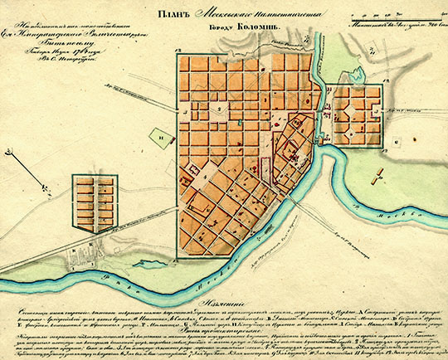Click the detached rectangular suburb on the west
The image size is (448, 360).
(91, 202)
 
